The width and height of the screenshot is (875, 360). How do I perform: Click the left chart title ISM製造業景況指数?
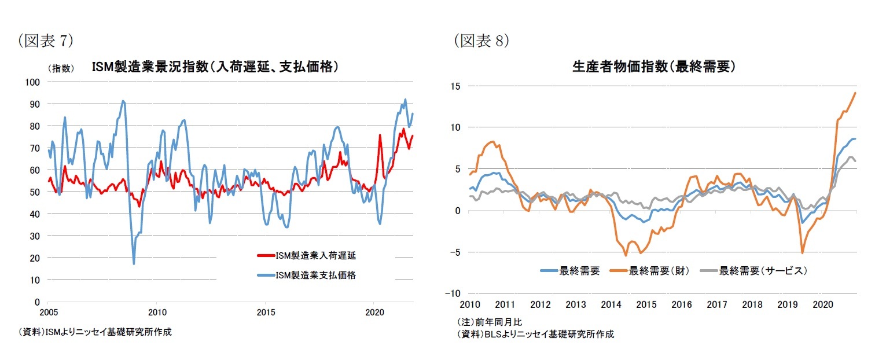pyautogui.click(x=215, y=67)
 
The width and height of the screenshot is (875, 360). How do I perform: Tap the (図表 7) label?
pyautogui.click(x=46, y=41)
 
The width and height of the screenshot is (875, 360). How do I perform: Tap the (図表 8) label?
pyautogui.click(x=481, y=41)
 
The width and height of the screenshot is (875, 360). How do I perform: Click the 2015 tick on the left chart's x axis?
pyautogui.click(x=265, y=313)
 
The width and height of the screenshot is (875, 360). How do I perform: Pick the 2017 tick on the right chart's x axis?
pyautogui.click(x=717, y=304)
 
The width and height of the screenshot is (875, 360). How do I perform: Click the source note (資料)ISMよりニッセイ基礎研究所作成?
pyautogui.click(x=95, y=332)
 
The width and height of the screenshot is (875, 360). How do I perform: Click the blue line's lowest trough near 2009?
pyautogui.click(x=134, y=264)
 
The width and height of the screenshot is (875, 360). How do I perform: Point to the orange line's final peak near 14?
pyautogui.click(x=855, y=93)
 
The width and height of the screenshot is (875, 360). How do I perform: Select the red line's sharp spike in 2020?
pyautogui.click(x=380, y=135)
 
